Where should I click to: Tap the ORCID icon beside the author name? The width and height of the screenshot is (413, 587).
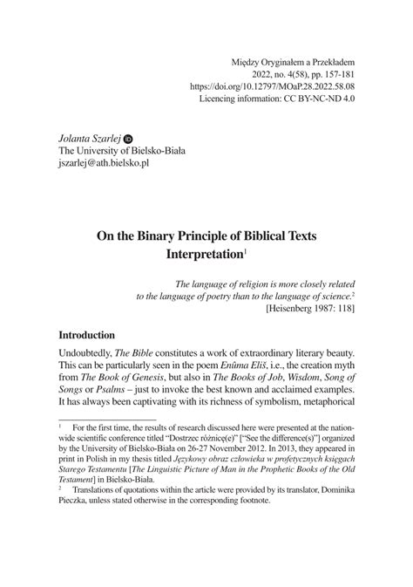(129, 138)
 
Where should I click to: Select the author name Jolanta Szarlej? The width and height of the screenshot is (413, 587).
(89, 138)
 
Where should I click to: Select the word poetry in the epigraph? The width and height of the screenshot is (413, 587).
(237, 296)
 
